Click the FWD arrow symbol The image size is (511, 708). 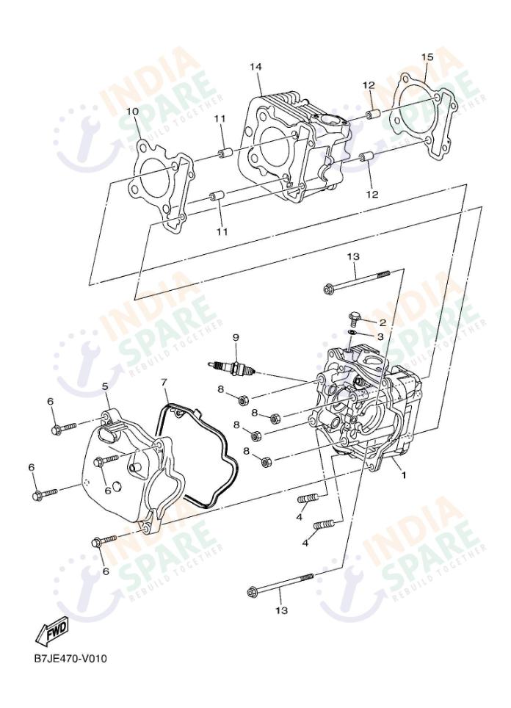tap(52, 629)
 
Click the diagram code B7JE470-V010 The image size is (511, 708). tap(70, 657)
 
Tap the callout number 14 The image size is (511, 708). tap(255, 67)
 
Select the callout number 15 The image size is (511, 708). tap(427, 57)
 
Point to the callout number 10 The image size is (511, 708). tap(132, 112)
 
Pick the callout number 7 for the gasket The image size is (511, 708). tap(164, 383)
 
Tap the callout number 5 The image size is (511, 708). tap(105, 386)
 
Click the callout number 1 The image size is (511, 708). tap(403, 475)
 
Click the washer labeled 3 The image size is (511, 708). tap(352, 335)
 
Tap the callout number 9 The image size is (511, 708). tap(236, 337)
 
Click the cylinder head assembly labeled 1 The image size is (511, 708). tap(367, 419)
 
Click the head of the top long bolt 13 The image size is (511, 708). tap(329, 289)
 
